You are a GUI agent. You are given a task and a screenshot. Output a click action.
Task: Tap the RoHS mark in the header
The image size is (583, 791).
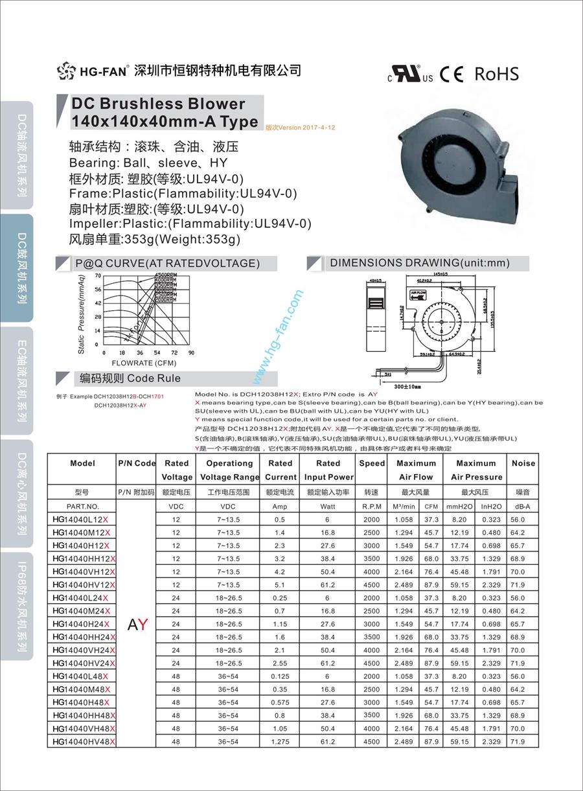pos(496,74)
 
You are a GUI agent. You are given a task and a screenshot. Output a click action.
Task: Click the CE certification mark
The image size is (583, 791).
pos(452,74)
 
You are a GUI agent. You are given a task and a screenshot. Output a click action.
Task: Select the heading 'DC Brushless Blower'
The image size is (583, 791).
pos(158,104)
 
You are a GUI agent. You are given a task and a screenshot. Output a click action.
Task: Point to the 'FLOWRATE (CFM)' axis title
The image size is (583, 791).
pos(144,363)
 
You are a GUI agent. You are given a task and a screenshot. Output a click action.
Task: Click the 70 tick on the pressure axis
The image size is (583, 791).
pos(97,275)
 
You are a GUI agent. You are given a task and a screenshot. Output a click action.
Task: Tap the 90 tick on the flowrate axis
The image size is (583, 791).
pos(191,352)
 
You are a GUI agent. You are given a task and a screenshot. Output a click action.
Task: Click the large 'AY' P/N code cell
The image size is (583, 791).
pos(137,625)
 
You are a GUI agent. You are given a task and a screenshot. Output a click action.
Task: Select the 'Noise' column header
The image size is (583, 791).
pos(523,463)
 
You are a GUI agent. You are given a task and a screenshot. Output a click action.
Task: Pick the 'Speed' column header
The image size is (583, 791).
pos(372,463)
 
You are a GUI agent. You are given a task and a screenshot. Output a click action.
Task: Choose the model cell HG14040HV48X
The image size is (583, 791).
pos(84,742)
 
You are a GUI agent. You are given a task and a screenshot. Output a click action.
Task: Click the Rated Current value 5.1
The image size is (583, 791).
pos(280,585)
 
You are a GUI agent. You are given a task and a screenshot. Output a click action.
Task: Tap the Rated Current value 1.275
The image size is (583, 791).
pos(280,742)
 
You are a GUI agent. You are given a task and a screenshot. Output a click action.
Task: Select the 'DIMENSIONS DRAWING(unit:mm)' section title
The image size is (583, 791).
pos(420,263)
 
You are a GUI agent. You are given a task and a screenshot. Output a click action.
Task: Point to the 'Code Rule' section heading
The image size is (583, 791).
pos(154,378)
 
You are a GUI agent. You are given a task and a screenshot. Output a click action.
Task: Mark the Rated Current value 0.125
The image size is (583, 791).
pos(280,676)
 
